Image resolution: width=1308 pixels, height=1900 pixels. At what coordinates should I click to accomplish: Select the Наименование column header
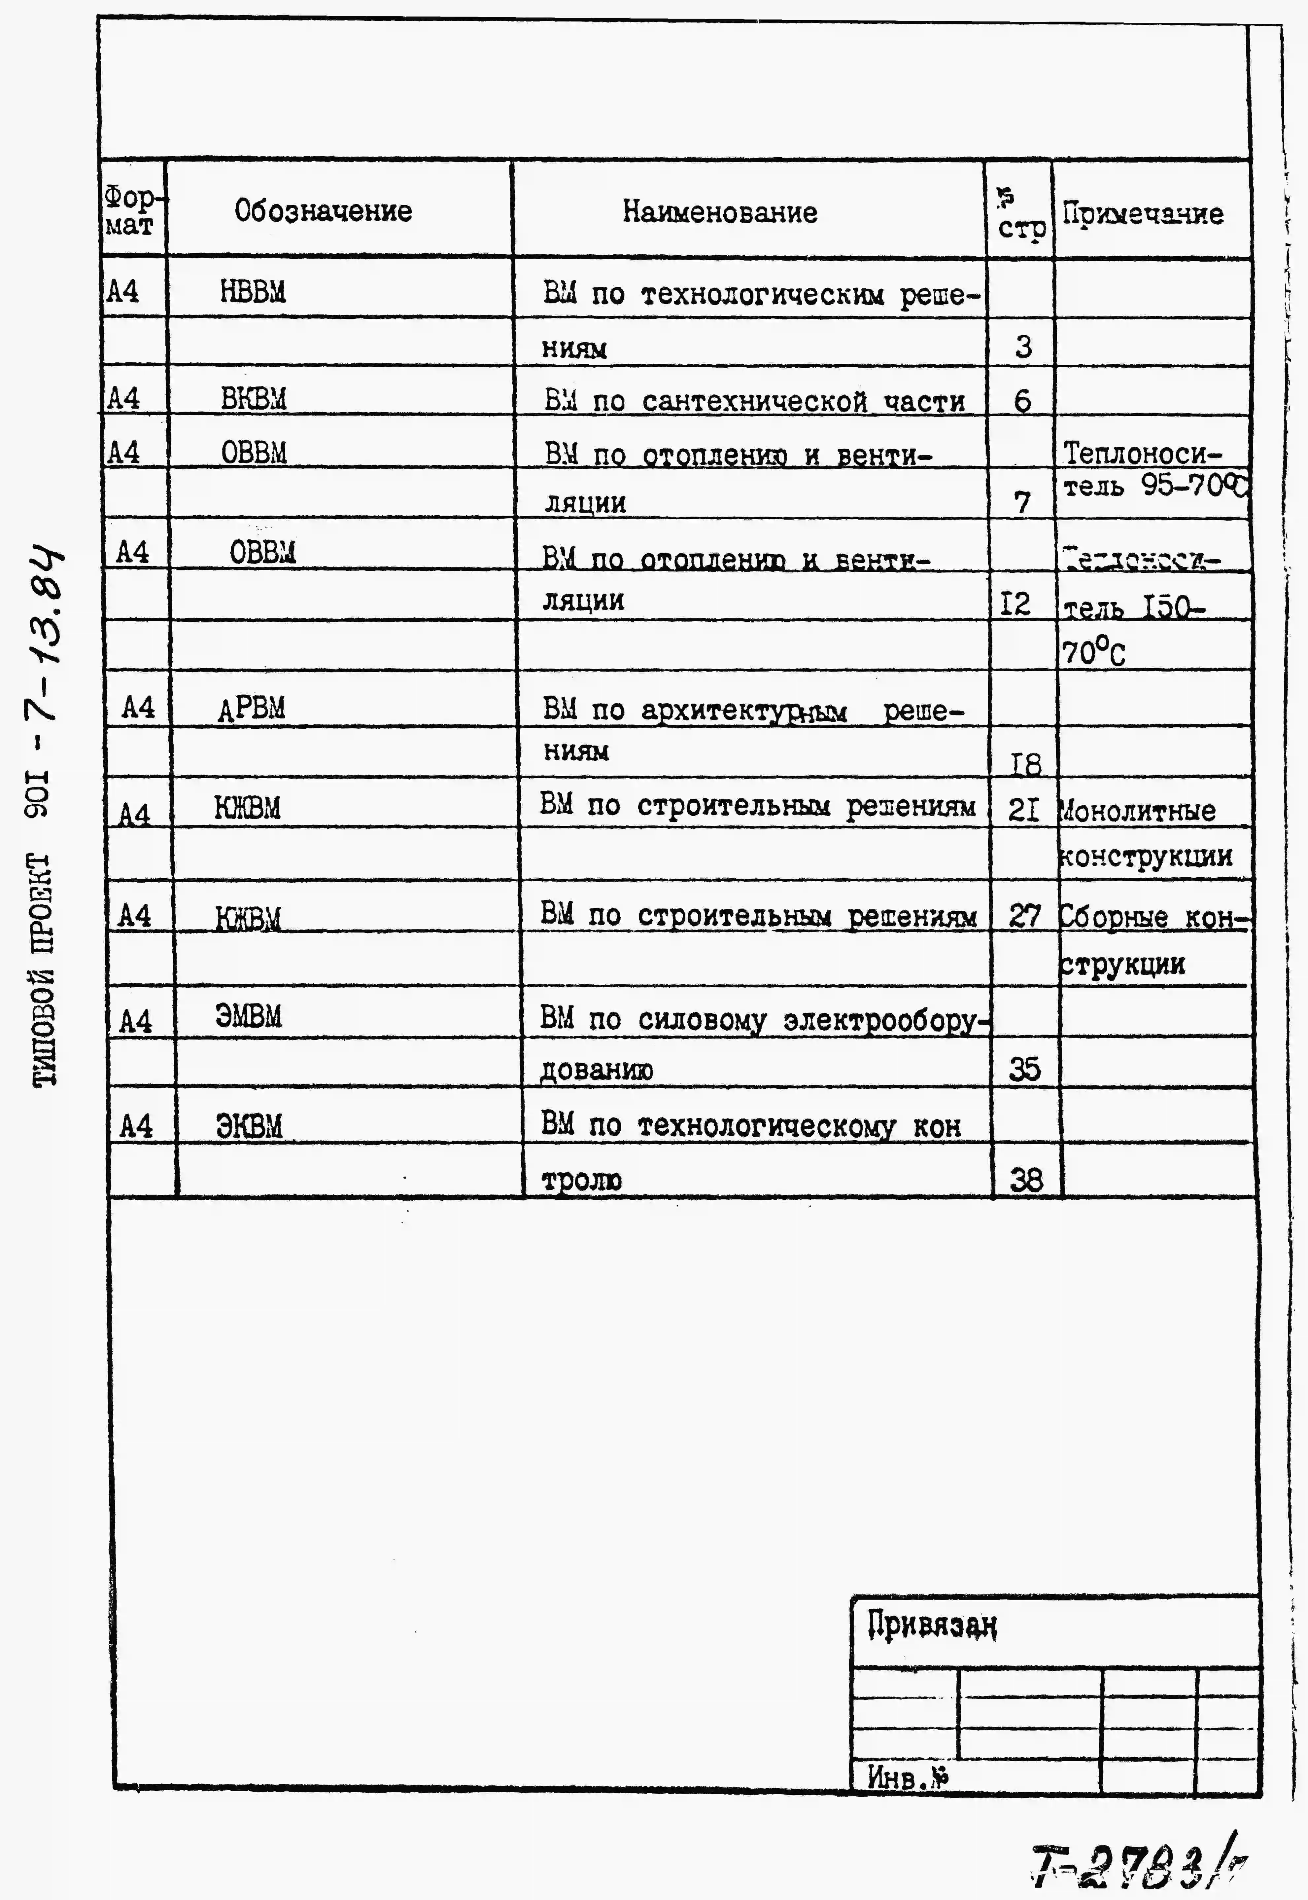(x=720, y=212)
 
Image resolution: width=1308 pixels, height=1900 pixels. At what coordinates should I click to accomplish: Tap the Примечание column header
(x=1143, y=214)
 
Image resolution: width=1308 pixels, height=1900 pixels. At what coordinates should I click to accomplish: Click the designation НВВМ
(x=253, y=291)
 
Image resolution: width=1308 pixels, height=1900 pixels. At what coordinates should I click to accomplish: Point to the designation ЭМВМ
(x=248, y=1017)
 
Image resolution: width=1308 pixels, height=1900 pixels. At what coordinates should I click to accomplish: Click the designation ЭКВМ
(x=249, y=1126)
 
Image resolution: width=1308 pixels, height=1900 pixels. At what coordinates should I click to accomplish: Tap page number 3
(x=1023, y=347)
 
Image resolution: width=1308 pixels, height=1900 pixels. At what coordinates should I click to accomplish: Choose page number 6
(x=1022, y=401)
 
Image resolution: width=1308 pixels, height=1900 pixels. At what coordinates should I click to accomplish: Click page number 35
(x=1024, y=1069)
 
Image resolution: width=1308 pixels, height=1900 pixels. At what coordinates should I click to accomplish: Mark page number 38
(x=1026, y=1180)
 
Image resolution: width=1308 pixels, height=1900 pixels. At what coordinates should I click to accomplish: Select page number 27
(x=1024, y=915)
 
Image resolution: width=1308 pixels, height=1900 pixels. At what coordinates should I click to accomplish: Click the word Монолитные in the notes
(x=1138, y=811)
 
